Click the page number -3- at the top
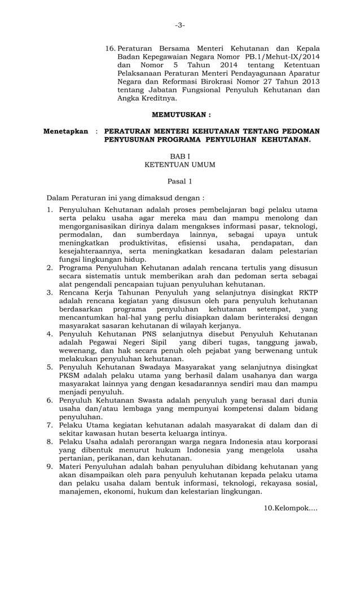(x=179, y=25)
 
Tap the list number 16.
(x=110, y=48)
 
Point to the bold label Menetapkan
(x=66, y=131)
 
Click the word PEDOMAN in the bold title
(x=298, y=131)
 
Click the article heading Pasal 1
(x=179, y=181)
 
